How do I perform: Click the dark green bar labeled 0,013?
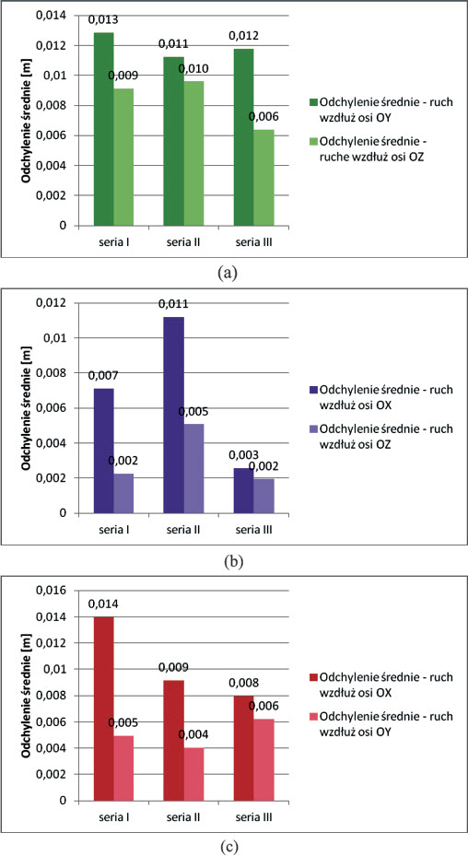[x=103, y=129]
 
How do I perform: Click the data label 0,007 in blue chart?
[x=103, y=375]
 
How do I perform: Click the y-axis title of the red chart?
[x=27, y=695]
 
